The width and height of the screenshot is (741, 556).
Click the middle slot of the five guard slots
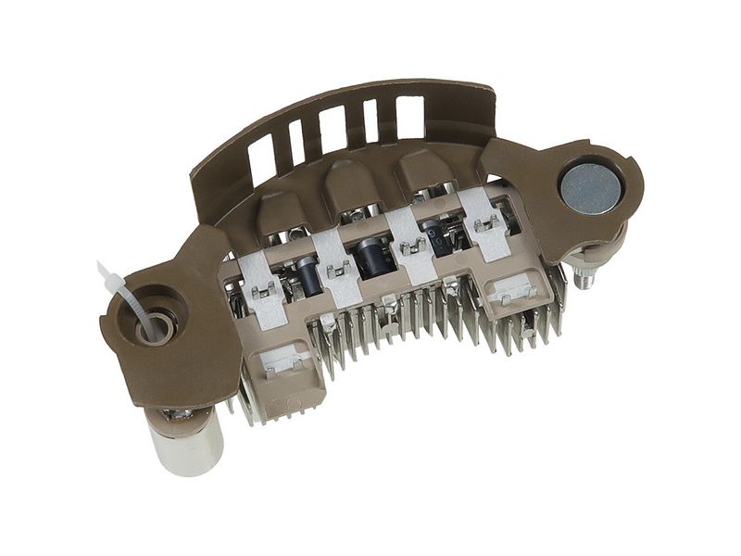click(x=332, y=127)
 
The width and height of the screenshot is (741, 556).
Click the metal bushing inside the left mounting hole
click(x=157, y=325)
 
